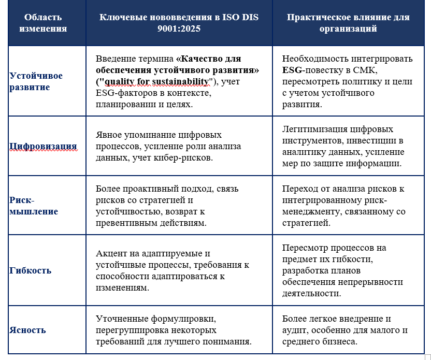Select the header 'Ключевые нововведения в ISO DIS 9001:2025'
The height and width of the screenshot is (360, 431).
point(179,23)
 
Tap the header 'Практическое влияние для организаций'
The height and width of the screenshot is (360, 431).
point(348,23)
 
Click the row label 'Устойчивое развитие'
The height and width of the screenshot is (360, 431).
point(36,81)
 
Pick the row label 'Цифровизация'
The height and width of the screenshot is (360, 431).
point(43,146)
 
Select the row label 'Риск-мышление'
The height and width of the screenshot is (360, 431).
point(34,206)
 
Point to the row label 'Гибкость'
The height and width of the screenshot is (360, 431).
point(30,270)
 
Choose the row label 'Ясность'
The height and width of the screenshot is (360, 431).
point(27,330)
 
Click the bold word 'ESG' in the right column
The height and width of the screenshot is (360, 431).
point(293,70)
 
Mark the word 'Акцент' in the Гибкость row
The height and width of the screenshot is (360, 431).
point(110,253)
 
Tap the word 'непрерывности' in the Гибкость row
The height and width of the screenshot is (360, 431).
point(373,282)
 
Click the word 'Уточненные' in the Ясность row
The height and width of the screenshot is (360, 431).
point(121,319)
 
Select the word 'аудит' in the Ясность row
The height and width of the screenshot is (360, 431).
point(296,330)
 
